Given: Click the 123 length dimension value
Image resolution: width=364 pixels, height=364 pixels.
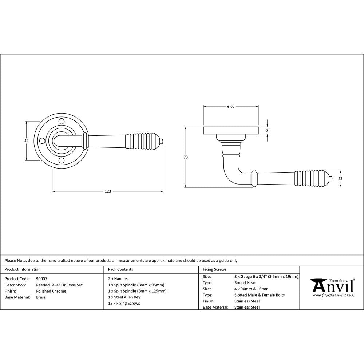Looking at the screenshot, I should pos(108,191).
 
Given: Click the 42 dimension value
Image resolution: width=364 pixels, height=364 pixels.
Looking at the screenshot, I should pos(26,141).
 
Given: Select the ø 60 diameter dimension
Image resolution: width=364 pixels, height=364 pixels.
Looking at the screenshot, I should pos(230,106).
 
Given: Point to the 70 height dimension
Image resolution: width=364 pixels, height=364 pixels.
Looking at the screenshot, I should pos(186,157).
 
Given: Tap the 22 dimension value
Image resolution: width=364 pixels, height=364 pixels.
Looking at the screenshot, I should pos(340,178).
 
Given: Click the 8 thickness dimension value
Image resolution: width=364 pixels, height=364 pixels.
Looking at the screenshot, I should pos(268,130).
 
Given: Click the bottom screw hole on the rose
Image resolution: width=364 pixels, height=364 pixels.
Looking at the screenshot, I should pos(62,161).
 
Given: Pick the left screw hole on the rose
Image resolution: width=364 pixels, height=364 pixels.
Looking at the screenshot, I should pos(42,141).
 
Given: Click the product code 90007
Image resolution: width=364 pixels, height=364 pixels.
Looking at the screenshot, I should pos(42,279).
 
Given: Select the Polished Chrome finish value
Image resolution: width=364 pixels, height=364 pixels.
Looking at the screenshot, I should pos(51,291).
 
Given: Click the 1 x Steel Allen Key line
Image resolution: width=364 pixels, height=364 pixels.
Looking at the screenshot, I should pos(124,297).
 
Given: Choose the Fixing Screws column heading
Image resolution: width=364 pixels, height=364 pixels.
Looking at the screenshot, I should pos(214,269).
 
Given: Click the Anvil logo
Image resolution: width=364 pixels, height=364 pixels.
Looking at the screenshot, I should pos(332,287).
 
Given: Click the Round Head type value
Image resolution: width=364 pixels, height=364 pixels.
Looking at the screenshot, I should pos(245,283).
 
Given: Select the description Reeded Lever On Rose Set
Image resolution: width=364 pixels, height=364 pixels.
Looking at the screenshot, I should pos(59,285).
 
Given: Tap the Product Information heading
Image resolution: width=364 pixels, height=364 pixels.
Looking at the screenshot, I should pos(23,269).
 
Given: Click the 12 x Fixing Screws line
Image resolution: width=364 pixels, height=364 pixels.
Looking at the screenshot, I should pos(124,304).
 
